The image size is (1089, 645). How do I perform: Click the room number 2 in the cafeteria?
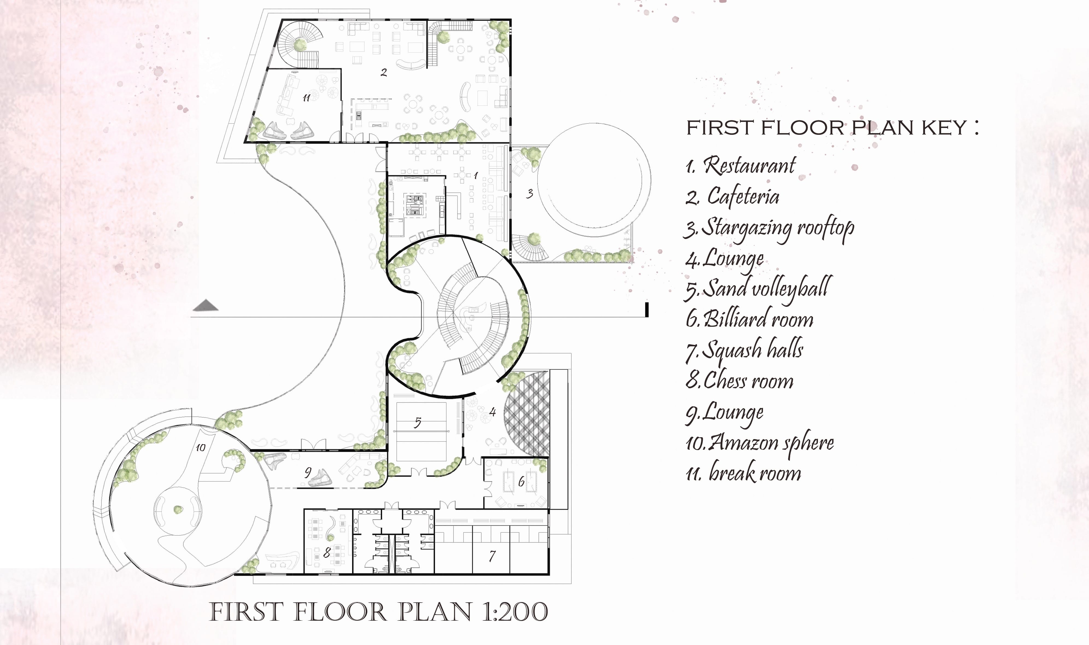[384, 72]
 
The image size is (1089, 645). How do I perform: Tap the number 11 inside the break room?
[306, 98]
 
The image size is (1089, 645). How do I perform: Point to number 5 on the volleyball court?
[417, 422]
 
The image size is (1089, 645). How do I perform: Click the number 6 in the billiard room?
[521, 481]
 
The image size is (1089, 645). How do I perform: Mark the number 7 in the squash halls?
[492, 556]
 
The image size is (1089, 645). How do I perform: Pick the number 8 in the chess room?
[327, 552]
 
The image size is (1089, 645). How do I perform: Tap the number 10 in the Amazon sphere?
[200, 447]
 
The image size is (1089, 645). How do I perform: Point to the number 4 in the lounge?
[492, 411]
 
